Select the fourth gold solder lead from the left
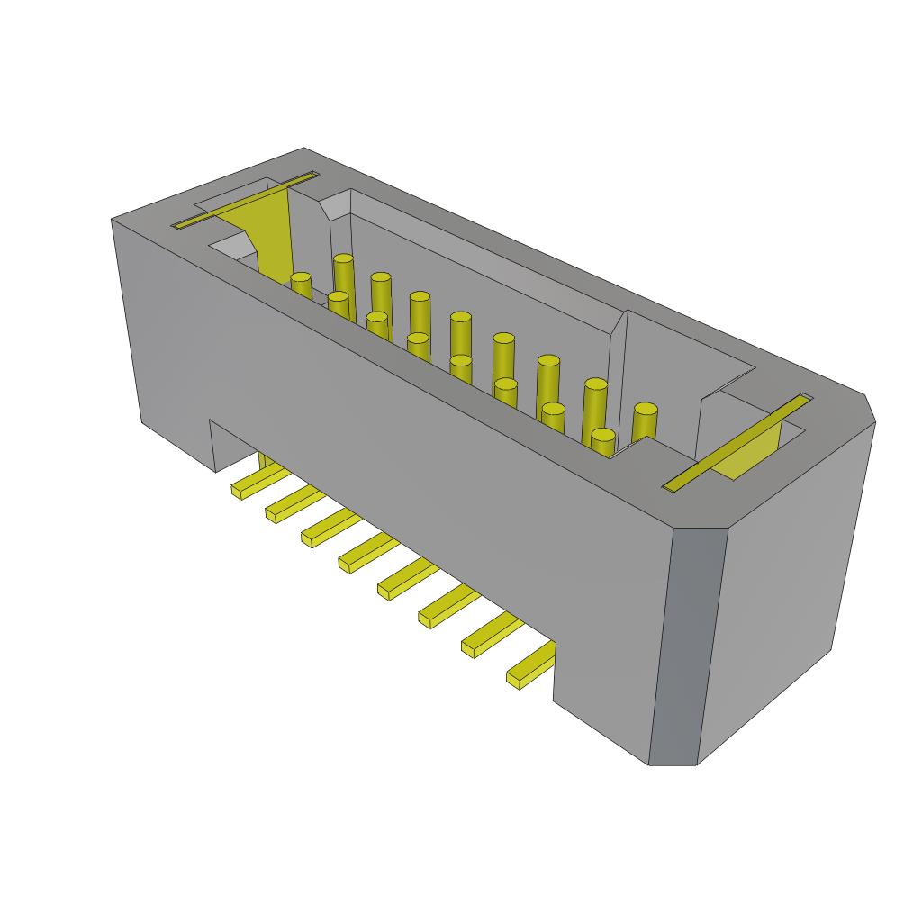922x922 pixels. [364, 554]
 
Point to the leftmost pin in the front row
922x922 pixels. [301, 286]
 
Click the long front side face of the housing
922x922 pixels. [405, 432]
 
